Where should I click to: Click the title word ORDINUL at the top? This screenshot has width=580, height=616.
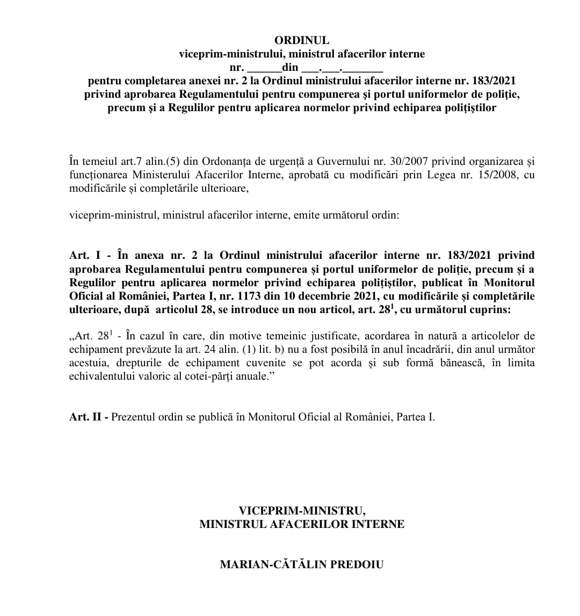coord(302,40)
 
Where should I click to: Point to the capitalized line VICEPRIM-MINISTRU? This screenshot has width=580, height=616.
coord(302,510)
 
